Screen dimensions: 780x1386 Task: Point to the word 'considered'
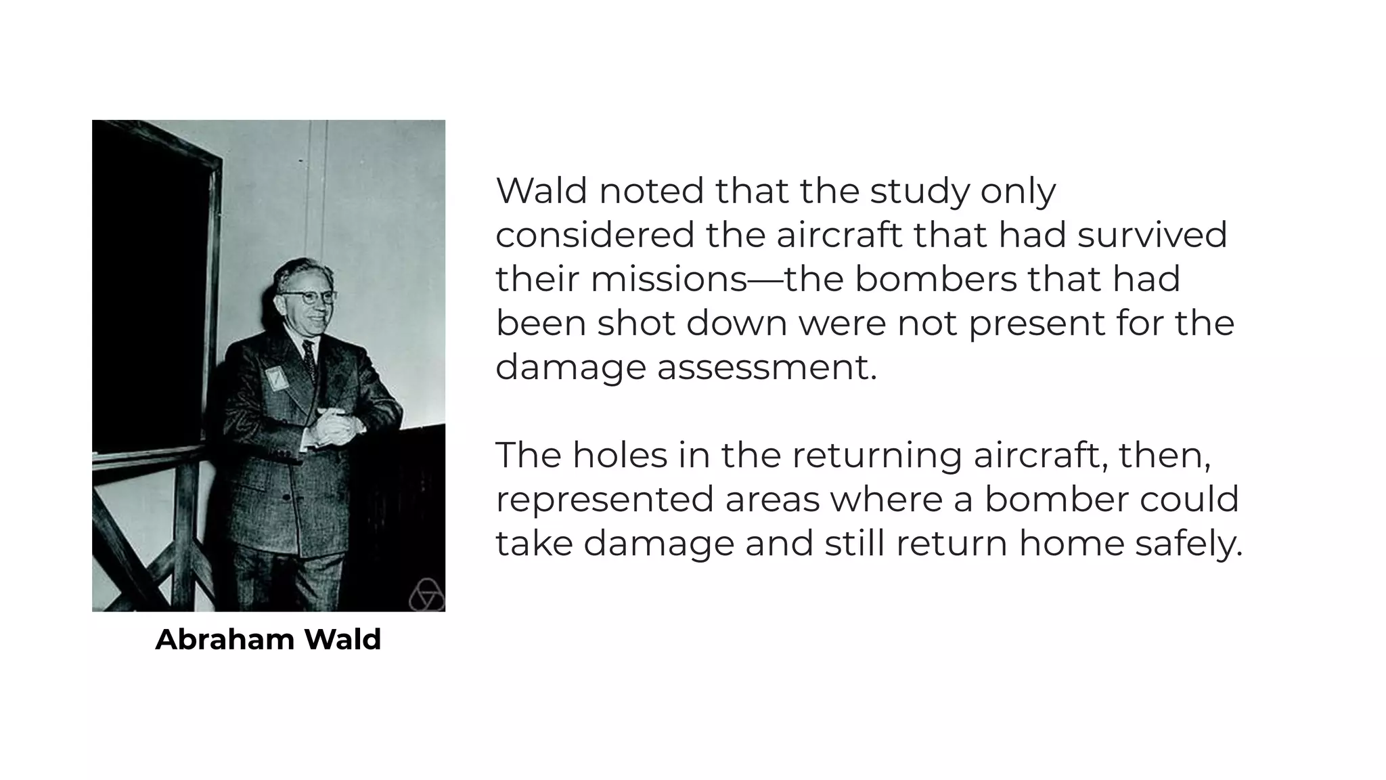point(595,235)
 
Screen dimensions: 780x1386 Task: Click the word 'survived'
point(1152,235)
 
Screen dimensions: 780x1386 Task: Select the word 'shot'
point(636,323)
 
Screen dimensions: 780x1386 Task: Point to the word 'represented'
point(604,500)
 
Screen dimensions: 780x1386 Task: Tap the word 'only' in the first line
point(1018,192)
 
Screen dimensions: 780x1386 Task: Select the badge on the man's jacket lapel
point(276,378)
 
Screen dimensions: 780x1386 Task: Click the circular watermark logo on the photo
point(426,595)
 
